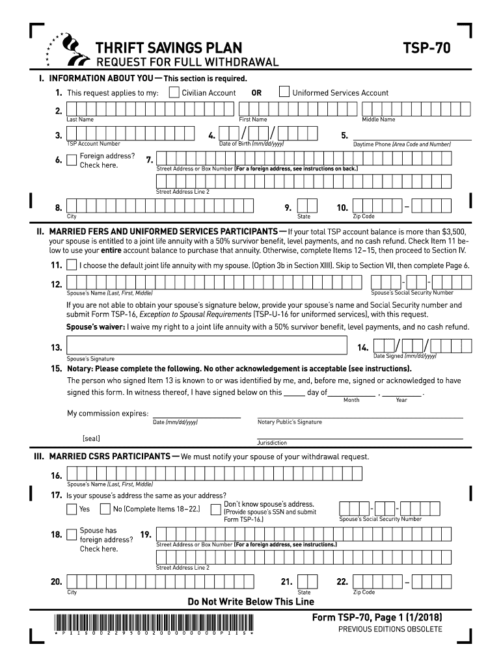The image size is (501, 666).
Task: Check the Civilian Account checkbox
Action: coord(174,92)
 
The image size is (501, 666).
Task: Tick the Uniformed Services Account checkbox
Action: coord(284,92)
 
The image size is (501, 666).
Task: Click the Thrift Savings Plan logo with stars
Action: coord(66,49)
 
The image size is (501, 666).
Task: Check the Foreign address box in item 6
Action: coord(72,160)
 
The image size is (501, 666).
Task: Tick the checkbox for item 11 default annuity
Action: coord(72,265)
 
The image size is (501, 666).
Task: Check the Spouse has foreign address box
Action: coord(72,535)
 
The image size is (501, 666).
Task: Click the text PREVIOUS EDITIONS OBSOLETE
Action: coord(390,629)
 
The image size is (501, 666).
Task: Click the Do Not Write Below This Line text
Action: coord(251,602)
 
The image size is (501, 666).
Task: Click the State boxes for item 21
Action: coord(307,581)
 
